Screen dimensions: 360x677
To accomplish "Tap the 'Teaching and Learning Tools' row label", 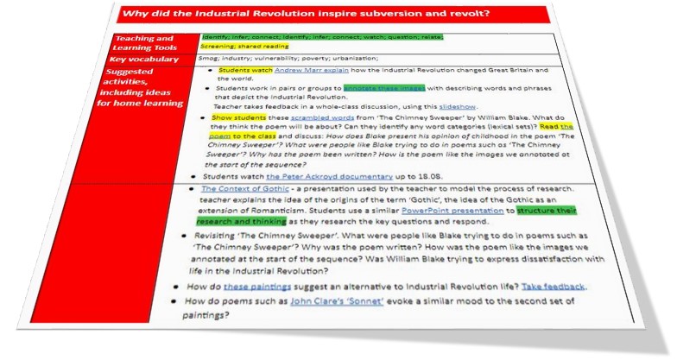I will click(x=146, y=45).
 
